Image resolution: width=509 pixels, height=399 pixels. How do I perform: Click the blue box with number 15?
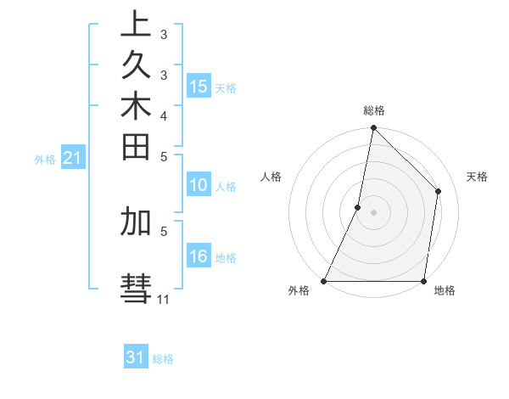tap(199, 87)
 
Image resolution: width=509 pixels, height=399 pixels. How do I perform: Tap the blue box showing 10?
tap(199, 186)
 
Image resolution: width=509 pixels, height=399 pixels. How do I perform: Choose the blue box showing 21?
tap(73, 157)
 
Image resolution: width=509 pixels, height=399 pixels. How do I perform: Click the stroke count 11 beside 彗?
tap(164, 300)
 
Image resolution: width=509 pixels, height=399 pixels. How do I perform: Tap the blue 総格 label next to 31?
tap(163, 359)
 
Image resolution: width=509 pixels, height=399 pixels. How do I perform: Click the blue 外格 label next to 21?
tap(45, 159)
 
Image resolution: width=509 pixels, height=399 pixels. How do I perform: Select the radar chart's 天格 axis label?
tap(477, 177)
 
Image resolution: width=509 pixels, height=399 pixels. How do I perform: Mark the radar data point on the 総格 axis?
tap(373, 128)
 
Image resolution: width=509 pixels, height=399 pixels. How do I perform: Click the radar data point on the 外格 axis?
tap(324, 281)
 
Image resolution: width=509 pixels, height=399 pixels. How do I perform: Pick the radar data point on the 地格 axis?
tap(423, 281)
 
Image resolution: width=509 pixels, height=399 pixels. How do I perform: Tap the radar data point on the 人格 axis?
tap(358, 206)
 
